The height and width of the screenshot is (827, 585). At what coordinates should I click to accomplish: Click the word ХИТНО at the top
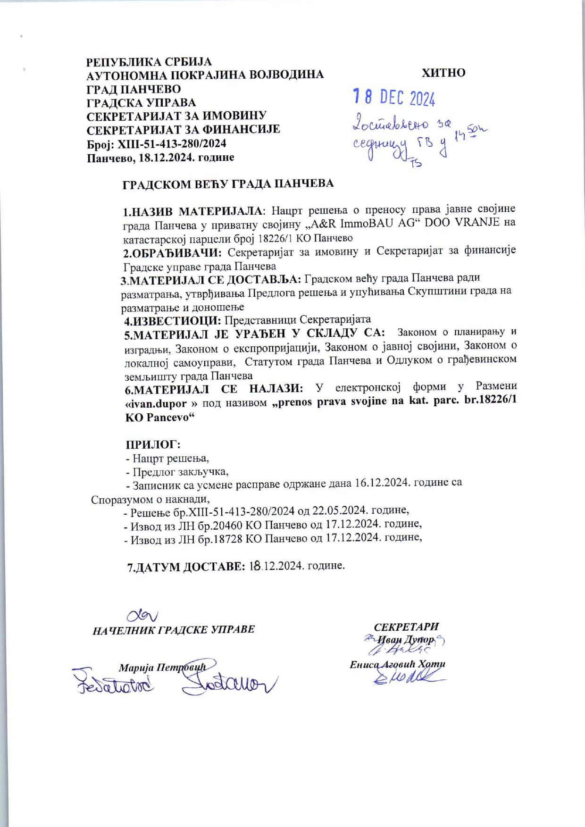(x=443, y=73)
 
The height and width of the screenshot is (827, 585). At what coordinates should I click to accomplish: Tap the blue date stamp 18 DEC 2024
(x=394, y=98)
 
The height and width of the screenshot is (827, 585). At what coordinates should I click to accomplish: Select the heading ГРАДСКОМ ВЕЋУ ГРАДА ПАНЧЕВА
(x=228, y=184)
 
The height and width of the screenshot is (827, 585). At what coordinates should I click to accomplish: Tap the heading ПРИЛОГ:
(x=153, y=444)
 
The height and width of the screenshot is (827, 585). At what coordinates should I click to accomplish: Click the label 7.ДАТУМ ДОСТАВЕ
(x=185, y=567)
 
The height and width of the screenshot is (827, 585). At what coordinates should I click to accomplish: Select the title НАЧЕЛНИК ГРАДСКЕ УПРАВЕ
(x=174, y=629)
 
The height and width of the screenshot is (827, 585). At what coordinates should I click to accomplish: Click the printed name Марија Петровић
(x=162, y=668)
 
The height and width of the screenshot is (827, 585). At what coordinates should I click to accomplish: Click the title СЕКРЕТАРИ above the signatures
(x=406, y=627)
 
